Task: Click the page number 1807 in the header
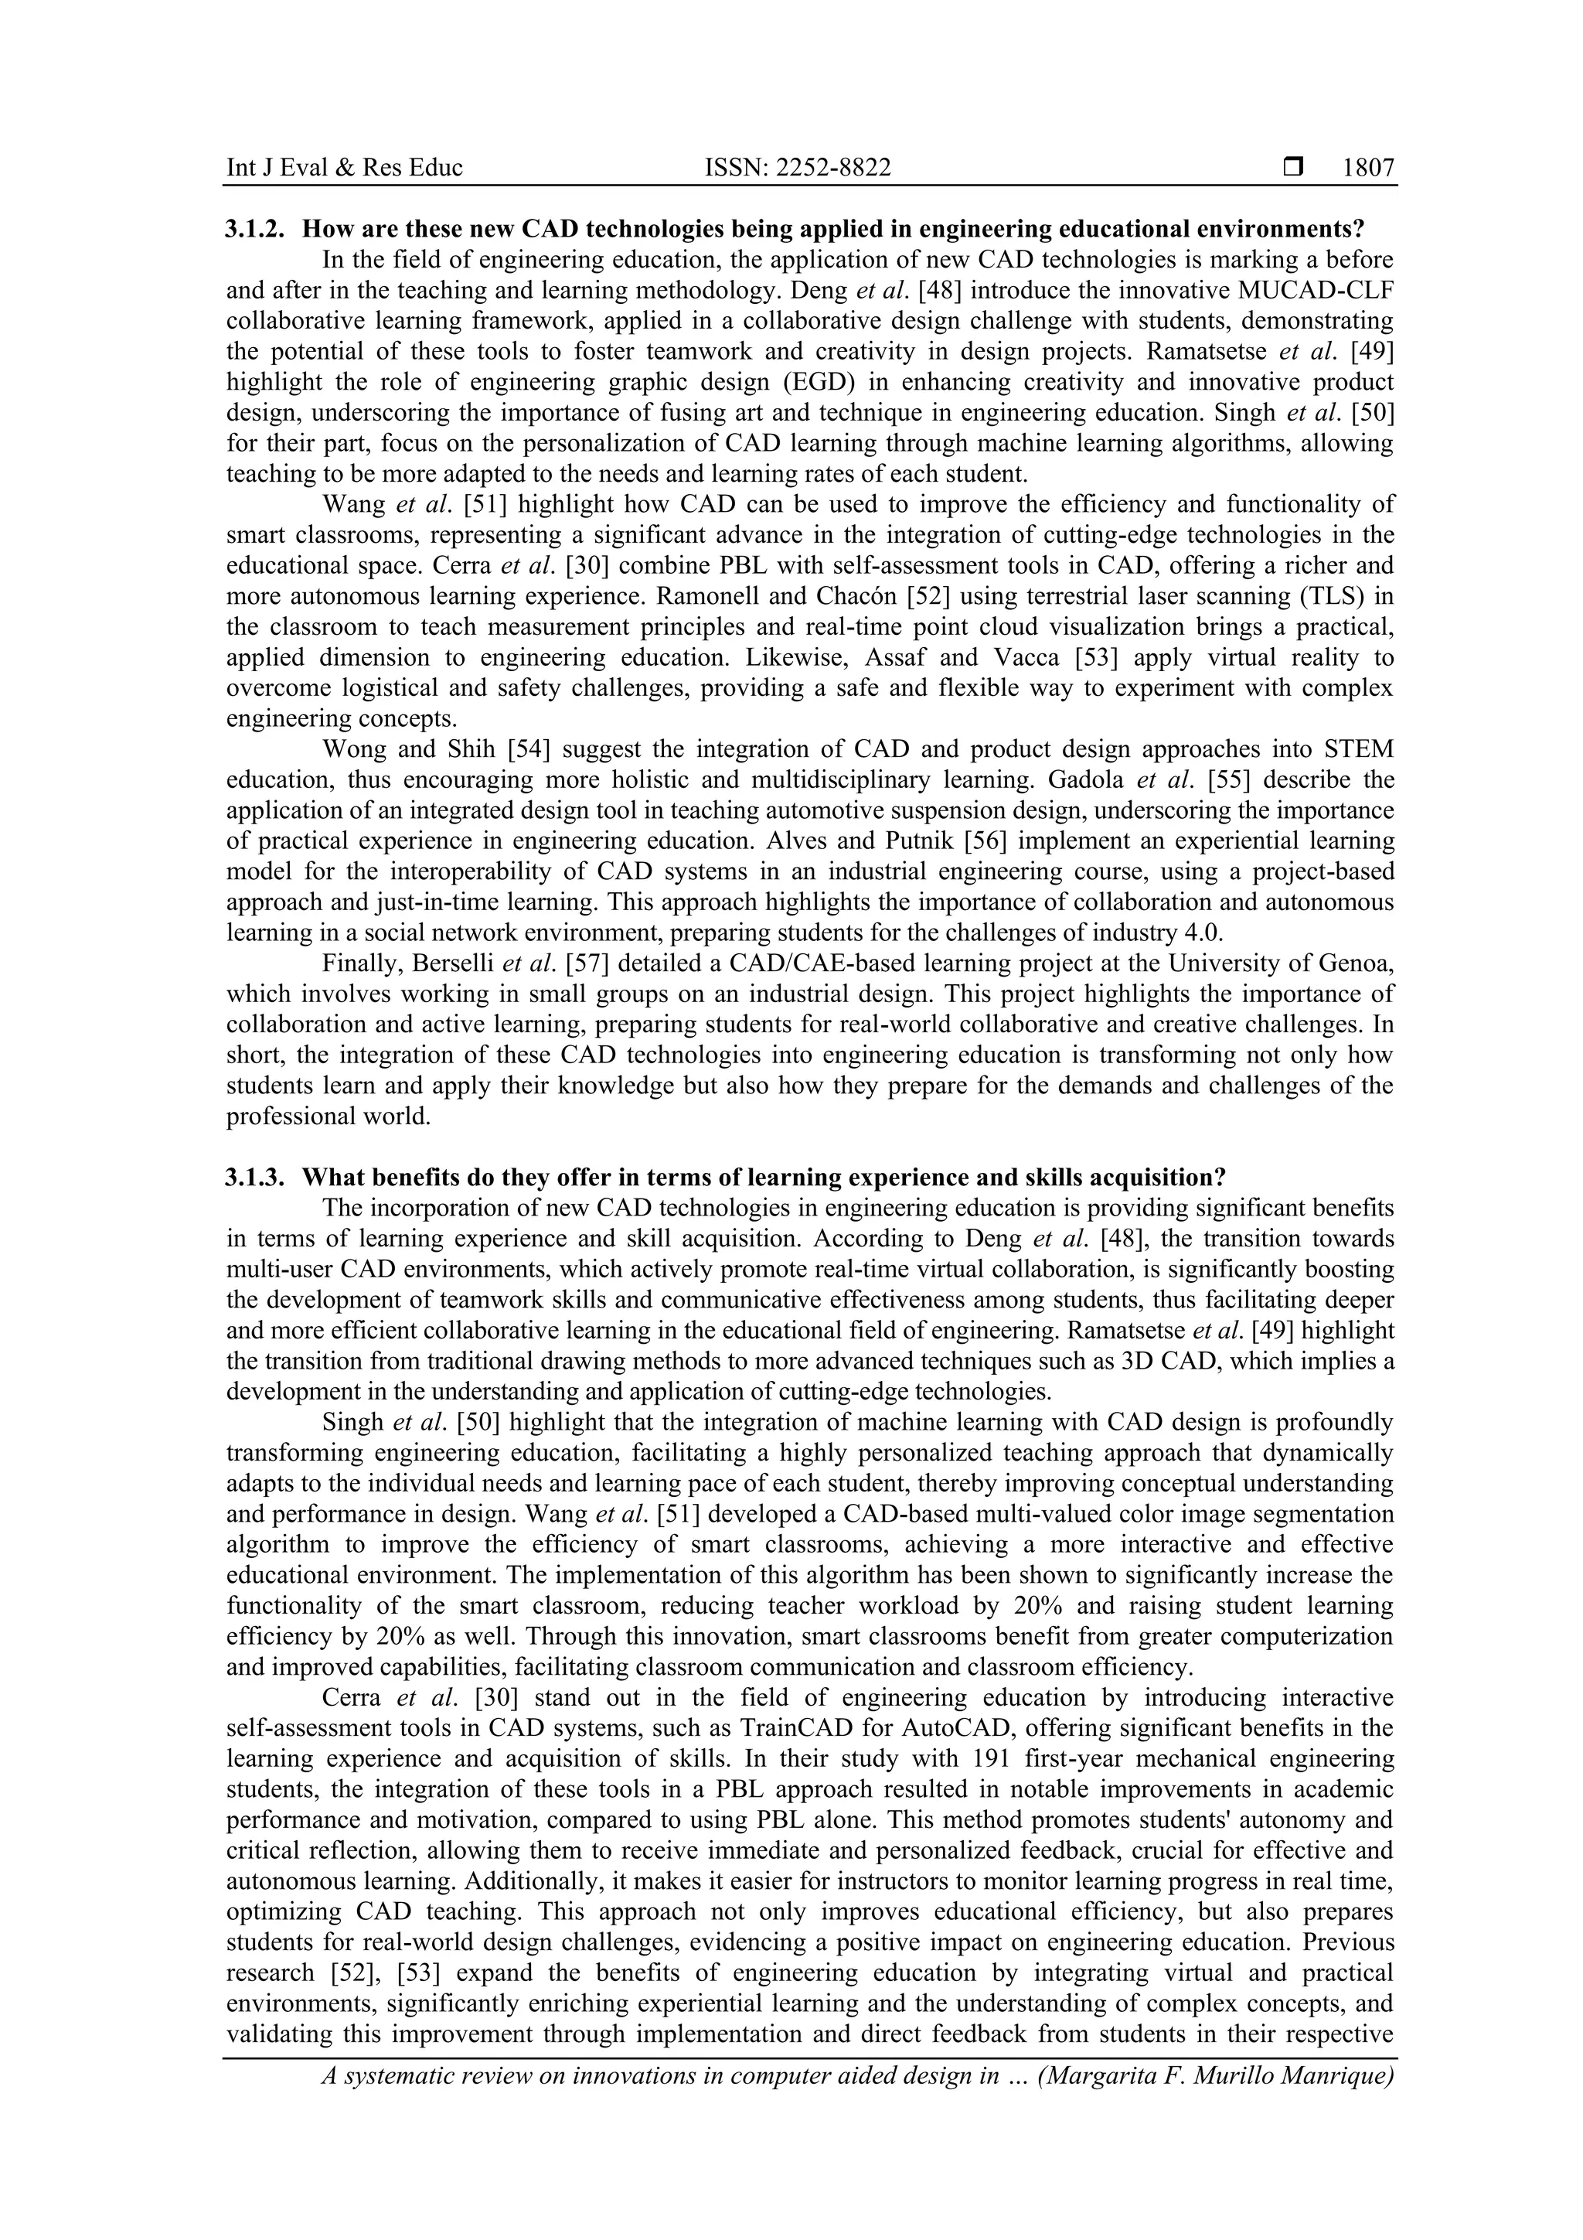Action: [x=1367, y=168]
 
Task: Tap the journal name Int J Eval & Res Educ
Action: [x=344, y=168]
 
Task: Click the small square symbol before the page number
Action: [x=1293, y=168]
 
